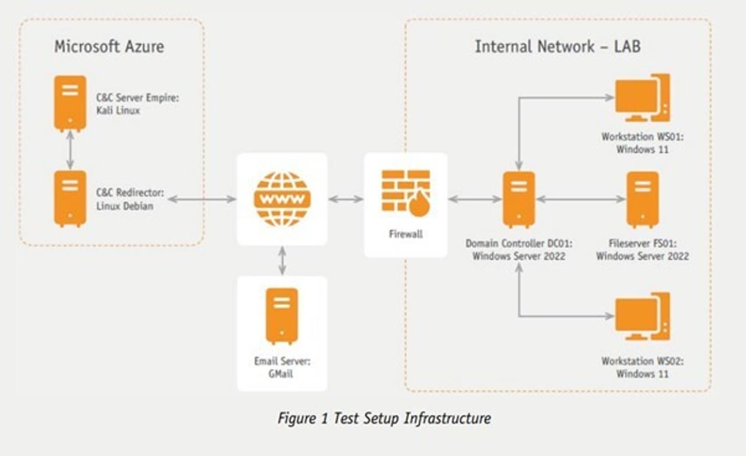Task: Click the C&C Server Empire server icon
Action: [70, 103]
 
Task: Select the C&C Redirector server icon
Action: [70, 198]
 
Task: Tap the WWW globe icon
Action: [282, 199]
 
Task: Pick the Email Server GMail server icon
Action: [281, 315]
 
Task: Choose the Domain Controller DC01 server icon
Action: [519, 199]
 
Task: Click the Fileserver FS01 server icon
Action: [643, 199]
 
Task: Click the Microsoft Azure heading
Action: [109, 47]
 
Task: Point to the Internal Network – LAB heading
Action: [557, 47]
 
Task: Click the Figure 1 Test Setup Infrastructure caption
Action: [384, 418]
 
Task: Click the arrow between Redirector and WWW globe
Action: [202, 199]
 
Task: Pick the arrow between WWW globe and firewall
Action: [346, 199]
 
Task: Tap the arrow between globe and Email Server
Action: [282, 260]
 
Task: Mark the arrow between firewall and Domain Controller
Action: [475, 199]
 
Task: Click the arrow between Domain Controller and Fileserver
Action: [580, 199]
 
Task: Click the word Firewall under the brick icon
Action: [406, 234]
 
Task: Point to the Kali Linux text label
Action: [118, 110]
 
